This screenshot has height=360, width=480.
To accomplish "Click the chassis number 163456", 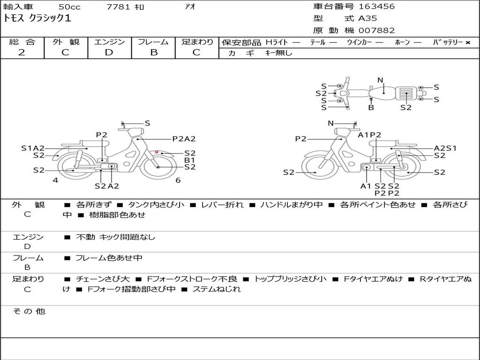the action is (376, 7).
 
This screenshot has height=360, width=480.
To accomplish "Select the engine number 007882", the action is (376, 30).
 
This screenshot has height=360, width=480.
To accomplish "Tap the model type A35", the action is (367, 19).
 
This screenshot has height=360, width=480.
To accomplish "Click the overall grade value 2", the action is (22, 52).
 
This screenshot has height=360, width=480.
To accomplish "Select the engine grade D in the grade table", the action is (109, 52).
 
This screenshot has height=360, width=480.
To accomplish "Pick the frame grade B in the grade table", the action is (153, 52).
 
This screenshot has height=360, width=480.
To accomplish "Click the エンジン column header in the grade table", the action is (109, 42).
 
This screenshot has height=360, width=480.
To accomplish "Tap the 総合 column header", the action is (22, 42).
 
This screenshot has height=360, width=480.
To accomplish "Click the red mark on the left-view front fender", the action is (157, 152).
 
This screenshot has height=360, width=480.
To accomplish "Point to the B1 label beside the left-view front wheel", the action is (189, 160).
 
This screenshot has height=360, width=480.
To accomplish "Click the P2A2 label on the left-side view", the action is (184, 139).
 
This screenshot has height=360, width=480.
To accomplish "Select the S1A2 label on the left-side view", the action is (33, 148).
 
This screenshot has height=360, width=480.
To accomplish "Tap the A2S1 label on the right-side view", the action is (445, 148).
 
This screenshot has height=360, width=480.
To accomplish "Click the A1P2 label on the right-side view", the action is (369, 135).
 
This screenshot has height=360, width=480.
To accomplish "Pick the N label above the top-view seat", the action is (380, 80).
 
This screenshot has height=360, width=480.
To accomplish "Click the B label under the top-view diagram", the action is (371, 107).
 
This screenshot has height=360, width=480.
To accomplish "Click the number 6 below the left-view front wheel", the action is (178, 180).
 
